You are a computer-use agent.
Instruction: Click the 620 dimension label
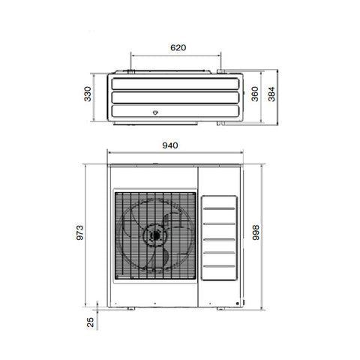click(178, 47)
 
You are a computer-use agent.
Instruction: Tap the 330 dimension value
click(88, 94)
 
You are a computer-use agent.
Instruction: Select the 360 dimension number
click(255, 94)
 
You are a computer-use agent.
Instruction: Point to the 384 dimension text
click(271, 94)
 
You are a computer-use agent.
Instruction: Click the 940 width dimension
click(170, 145)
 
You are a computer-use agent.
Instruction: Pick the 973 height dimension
click(79, 232)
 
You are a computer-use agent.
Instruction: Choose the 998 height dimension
click(256, 232)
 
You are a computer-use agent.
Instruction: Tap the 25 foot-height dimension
click(90, 322)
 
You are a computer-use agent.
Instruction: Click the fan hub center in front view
click(155, 235)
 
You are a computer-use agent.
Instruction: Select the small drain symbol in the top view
click(155, 112)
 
